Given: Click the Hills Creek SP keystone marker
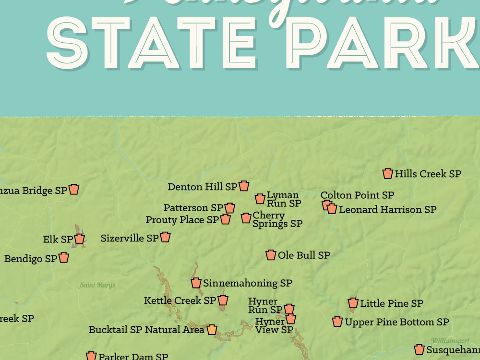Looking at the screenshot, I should [x=388, y=174].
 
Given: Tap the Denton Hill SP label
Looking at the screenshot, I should [x=202, y=187].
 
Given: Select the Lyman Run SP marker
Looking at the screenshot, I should [x=260, y=199].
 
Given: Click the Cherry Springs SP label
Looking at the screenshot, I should [x=277, y=219].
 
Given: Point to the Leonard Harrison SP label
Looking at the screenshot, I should [x=387, y=210].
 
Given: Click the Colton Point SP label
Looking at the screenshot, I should [x=357, y=195].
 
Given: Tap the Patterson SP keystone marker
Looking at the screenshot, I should [x=230, y=208].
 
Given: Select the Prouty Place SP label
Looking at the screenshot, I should [x=182, y=220].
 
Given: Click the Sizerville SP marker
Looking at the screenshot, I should [x=165, y=237].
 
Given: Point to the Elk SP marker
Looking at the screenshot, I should [x=80, y=239].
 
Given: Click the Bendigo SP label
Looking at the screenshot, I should [x=30, y=259].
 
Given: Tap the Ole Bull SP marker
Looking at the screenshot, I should [x=271, y=255].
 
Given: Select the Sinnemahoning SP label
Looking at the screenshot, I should [x=247, y=283].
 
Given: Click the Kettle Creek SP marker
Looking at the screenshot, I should [x=223, y=300].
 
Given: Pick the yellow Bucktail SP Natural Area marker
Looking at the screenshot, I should [x=212, y=330].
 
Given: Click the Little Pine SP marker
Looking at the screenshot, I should [x=353, y=303].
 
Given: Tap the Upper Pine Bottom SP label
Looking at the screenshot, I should [x=396, y=322].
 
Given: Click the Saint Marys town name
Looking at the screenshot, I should [x=97, y=285].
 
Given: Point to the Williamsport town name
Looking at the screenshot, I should [x=450, y=341].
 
